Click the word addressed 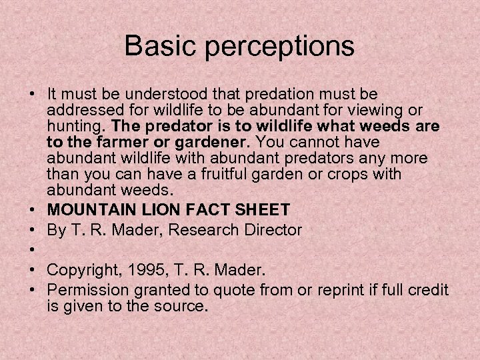tap(81, 109)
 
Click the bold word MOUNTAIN tap(93, 210)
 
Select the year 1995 tap(153, 270)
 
